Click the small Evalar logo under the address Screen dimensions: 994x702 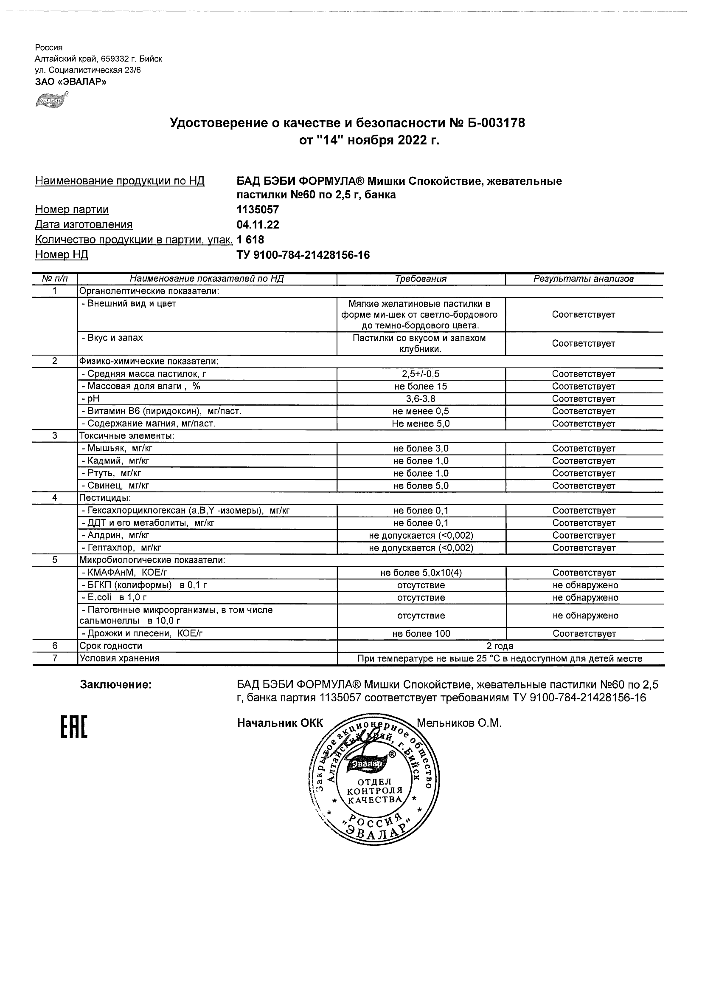51,100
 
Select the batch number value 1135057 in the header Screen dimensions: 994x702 258,210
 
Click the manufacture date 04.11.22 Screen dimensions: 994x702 258,225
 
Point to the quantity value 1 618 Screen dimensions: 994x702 250,240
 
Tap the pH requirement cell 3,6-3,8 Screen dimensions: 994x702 421,399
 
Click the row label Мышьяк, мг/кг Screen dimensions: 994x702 117,449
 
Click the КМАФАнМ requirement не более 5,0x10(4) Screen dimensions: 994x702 421,573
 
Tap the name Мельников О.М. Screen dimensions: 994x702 458,723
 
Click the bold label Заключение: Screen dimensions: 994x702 116,685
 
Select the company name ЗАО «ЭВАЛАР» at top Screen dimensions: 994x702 70,82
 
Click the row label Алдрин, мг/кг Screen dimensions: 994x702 115,536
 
